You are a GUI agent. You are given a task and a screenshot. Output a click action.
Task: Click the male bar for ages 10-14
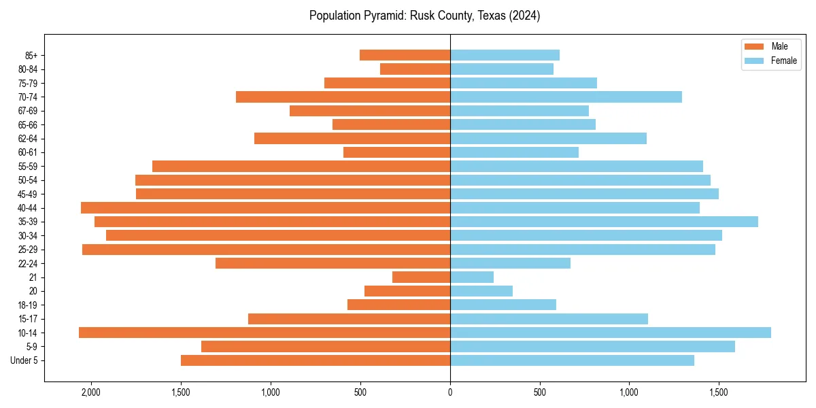[265, 333]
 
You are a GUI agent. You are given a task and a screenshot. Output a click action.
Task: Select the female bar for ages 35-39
[604, 222]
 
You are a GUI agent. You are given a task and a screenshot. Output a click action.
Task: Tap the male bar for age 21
[421, 277]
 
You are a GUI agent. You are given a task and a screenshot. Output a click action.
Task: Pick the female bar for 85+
[505, 55]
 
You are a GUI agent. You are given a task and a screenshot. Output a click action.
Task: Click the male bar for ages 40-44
[265, 207]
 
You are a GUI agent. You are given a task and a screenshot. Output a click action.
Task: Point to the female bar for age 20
[481, 291]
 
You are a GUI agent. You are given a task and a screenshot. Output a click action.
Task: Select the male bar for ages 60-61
[396, 152]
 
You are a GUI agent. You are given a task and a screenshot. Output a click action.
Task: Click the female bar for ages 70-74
[566, 97]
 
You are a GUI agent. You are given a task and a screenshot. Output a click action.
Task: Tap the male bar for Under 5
[316, 360]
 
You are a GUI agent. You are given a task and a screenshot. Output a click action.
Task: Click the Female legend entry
[770, 61]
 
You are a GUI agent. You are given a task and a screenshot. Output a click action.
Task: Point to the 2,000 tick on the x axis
[90, 392]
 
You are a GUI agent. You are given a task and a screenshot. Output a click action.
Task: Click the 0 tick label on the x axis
[450, 392]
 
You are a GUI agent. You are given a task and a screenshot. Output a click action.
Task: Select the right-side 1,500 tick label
[719, 392]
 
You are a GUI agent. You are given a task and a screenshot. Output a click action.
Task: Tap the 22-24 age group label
[28, 263]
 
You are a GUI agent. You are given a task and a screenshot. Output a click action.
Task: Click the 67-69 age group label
[28, 111]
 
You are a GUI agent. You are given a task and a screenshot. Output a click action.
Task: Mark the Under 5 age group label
[24, 360]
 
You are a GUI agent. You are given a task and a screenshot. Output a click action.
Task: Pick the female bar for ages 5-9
[592, 347]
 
